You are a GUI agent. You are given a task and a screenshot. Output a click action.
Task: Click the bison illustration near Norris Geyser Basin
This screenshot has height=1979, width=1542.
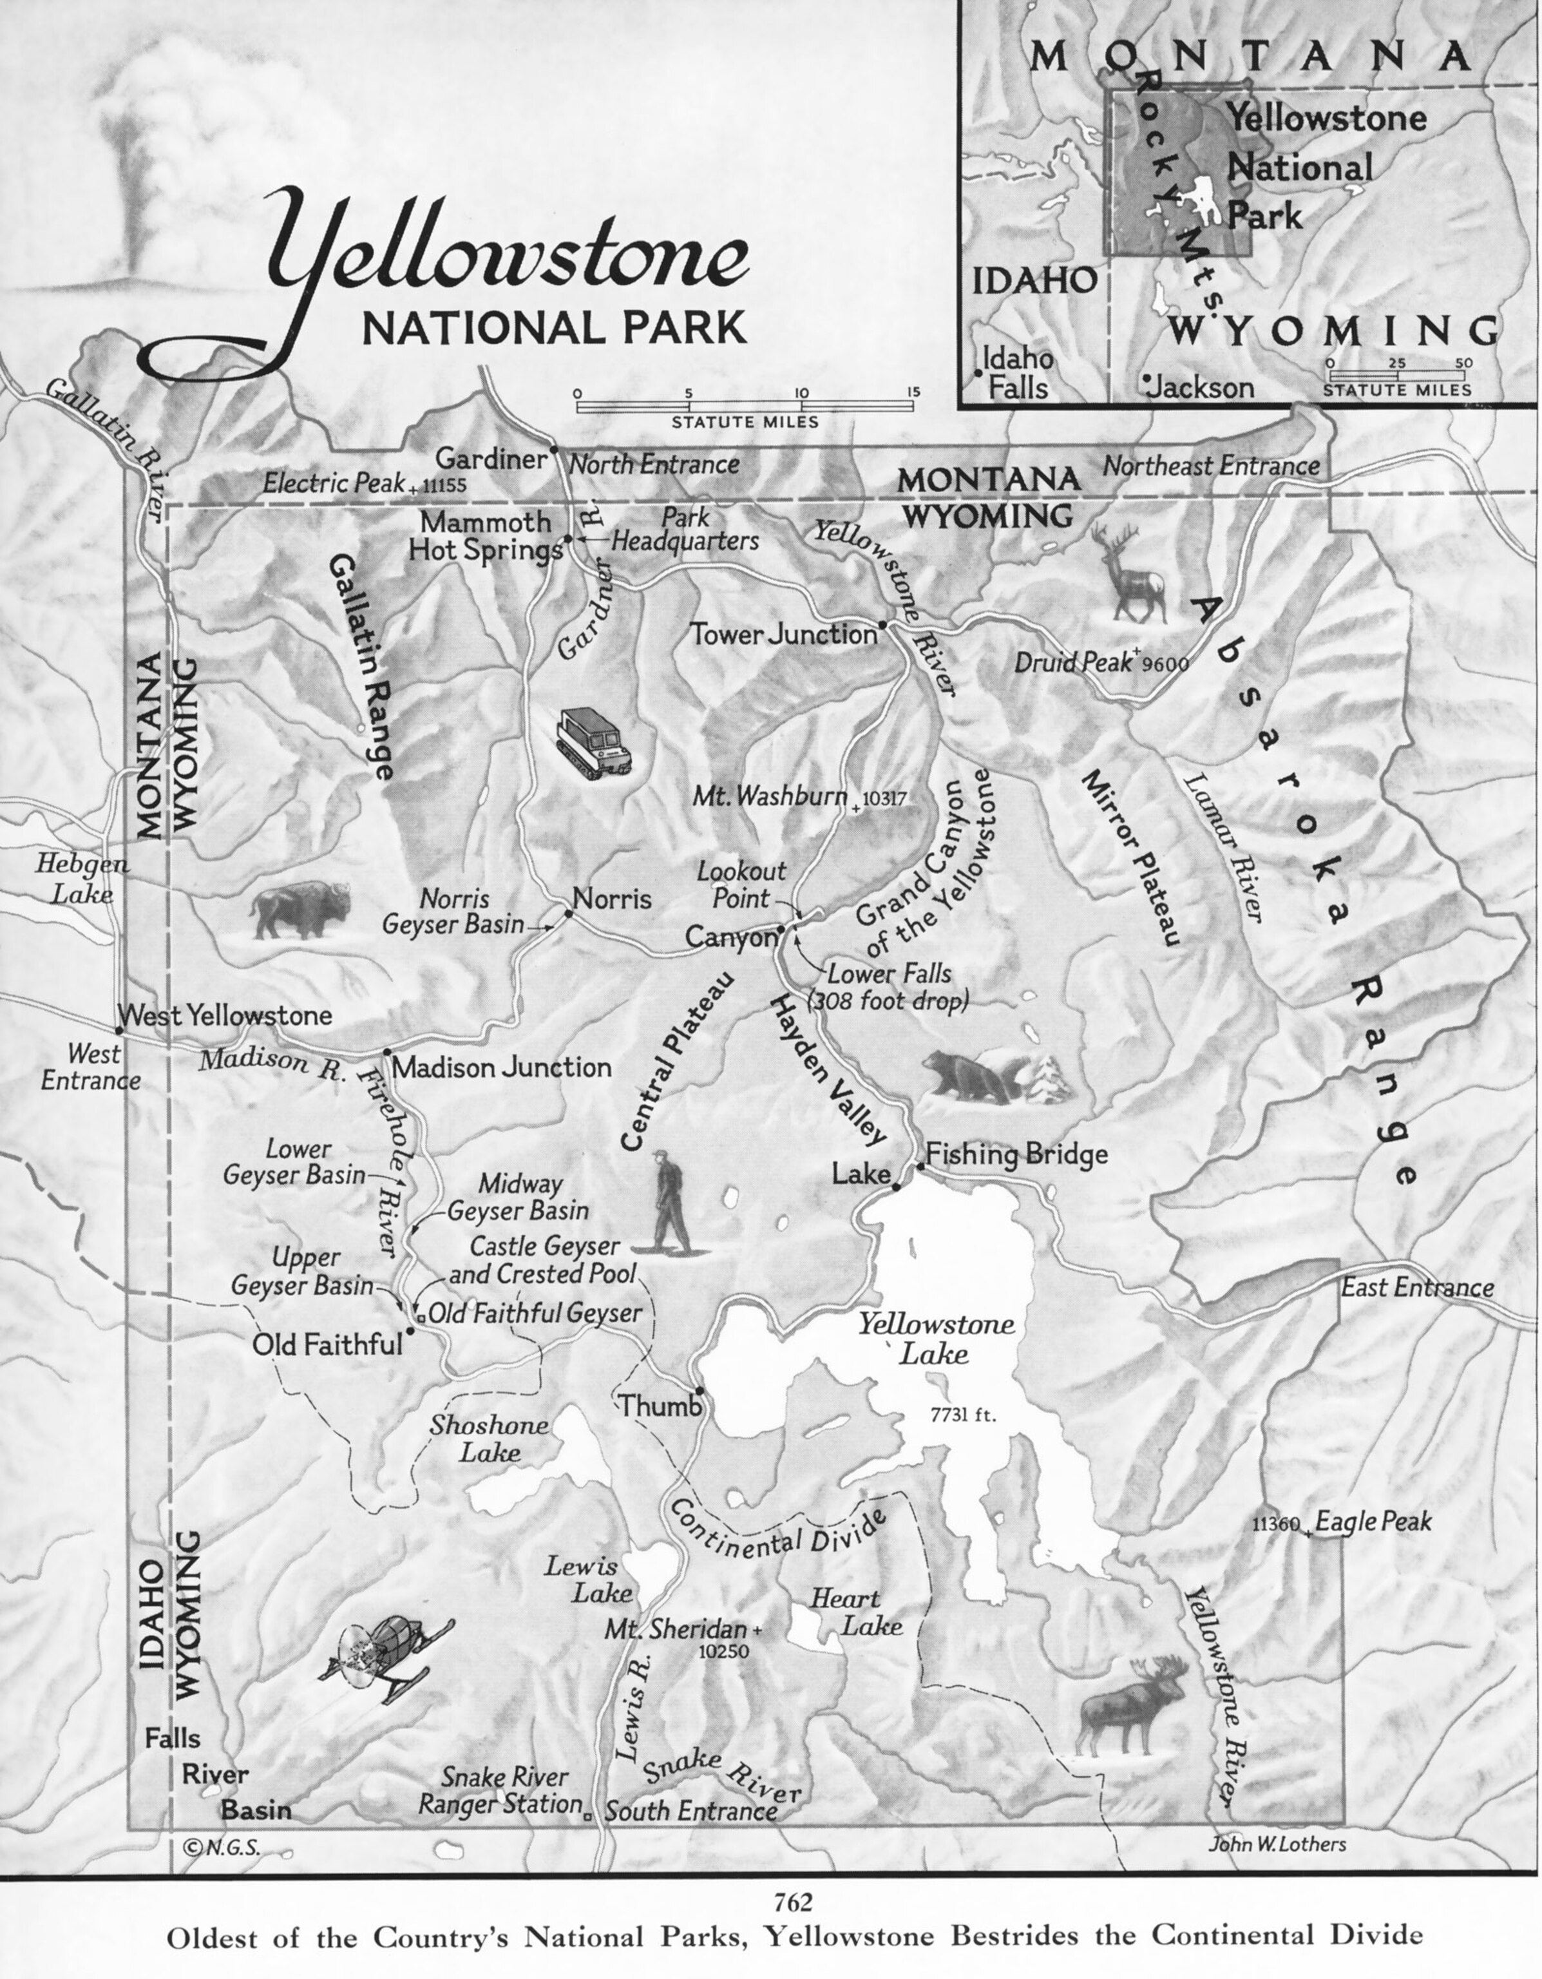click(x=301, y=911)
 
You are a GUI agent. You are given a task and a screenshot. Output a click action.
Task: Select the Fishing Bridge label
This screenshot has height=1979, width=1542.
click(x=1016, y=1154)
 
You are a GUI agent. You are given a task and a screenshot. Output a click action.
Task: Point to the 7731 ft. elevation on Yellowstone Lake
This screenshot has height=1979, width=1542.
click(x=963, y=1415)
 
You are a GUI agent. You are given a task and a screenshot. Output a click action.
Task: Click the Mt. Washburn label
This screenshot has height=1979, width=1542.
click(x=771, y=796)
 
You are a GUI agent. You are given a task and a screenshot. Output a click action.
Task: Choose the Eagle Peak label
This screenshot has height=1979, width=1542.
click(x=1373, y=1522)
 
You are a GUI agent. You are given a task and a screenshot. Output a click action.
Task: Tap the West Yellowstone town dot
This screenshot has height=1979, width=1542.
click(x=119, y=1030)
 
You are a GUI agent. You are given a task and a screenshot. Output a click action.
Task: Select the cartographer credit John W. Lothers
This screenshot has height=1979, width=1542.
click(x=1277, y=1844)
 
